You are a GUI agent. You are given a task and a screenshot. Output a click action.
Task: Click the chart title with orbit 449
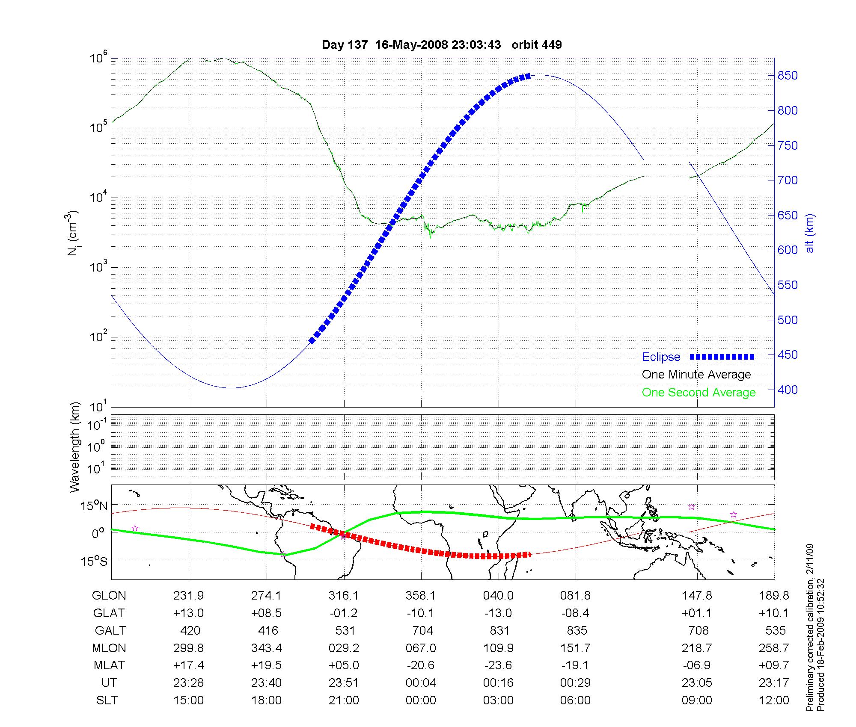pos(442,44)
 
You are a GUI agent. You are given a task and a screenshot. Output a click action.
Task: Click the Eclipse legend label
pos(661,357)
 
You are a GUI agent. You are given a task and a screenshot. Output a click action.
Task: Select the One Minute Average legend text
pos(696,375)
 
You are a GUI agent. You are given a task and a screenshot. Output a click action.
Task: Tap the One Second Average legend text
pos(698,393)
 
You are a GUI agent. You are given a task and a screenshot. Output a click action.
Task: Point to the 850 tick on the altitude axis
pos(788,76)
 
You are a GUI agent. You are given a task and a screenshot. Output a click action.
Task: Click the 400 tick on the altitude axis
pos(788,390)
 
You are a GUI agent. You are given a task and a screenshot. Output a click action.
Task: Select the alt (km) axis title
pos(809,233)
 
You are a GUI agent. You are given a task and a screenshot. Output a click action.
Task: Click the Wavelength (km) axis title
pos(75,447)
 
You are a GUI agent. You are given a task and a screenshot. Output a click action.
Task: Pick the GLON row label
pos(109,596)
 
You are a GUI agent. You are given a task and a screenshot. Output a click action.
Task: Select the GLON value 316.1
pos(344,596)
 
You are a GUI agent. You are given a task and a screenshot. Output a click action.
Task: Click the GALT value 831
pos(499,631)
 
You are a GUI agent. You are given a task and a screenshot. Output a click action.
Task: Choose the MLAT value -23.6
pos(498,665)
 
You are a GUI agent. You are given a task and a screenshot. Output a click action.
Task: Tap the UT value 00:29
pos(576,683)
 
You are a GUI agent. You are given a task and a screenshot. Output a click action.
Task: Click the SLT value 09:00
pos(697,700)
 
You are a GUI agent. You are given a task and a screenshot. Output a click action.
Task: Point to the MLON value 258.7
pos(774,648)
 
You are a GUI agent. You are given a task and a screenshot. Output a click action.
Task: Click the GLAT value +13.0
pos(188,613)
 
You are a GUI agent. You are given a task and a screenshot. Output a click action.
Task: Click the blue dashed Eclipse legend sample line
pos(722,357)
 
